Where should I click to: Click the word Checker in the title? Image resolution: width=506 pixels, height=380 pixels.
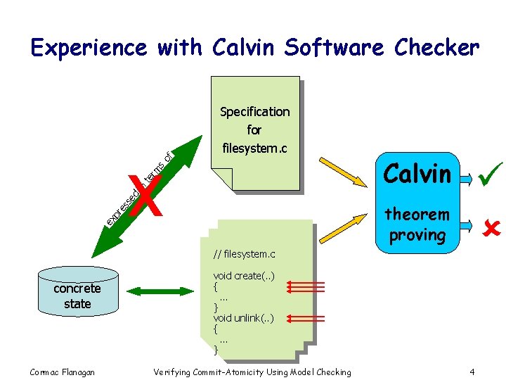click(437, 48)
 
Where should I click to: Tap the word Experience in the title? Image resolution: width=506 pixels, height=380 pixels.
click(89, 48)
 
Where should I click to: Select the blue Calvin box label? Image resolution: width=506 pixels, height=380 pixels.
click(417, 173)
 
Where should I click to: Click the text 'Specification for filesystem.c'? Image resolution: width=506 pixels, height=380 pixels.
click(254, 130)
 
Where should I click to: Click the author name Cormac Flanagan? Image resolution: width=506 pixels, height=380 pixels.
click(63, 372)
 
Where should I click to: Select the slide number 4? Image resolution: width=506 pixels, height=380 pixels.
click(472, 372)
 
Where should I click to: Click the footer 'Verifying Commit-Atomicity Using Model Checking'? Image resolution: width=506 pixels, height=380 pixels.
click(252, 372)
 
